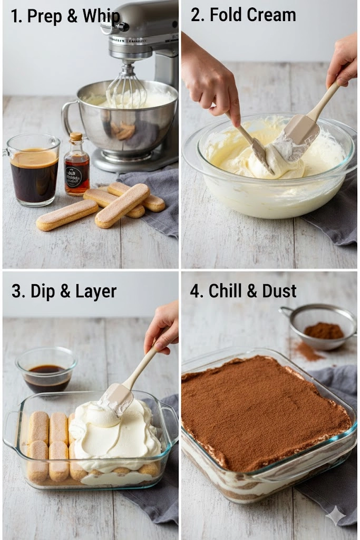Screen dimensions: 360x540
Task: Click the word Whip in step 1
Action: pos(101,16)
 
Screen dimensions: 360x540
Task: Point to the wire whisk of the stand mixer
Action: pos(127,86)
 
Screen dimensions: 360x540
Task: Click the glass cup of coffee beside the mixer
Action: pos(33,170)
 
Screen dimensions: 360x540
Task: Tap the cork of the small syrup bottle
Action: pos(76,137)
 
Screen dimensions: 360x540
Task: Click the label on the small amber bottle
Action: pos(74,177)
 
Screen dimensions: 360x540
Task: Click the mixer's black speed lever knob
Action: pos(123,26)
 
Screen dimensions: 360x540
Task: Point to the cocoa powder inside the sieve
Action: pos(324,331)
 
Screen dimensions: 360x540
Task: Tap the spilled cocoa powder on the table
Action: pos(308,351)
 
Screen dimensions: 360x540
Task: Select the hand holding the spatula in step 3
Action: pos(163,326)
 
